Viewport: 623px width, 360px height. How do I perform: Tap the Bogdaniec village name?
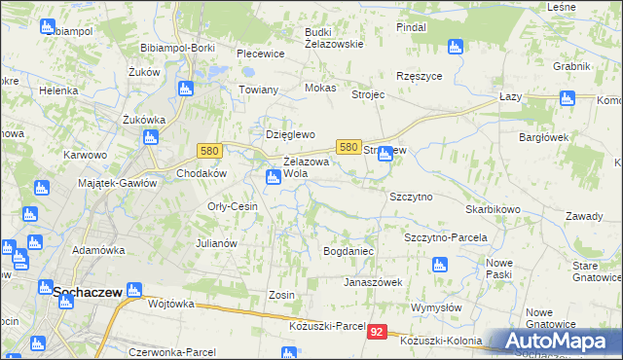point(348,251)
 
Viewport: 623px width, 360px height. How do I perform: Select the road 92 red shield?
point(379,333)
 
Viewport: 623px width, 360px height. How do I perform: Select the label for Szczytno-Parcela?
point(445,237)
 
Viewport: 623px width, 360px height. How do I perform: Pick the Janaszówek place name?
point(372,282)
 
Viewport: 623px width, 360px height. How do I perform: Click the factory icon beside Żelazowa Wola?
point(274,176)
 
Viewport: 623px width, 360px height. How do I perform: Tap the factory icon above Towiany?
point(186,90)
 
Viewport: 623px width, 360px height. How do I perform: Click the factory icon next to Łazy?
point(568,97)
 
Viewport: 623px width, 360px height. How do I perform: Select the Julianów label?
point(217,243)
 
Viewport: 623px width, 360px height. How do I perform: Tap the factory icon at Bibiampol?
point(48,26)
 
